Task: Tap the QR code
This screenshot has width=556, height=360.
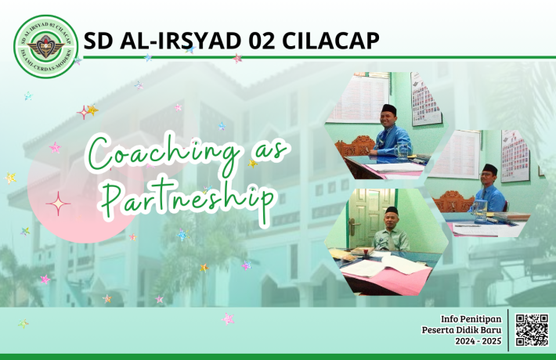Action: coord(532,329)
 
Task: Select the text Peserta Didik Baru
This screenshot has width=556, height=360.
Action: coord(464,330)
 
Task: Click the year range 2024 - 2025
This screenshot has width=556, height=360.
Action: coord(477,342)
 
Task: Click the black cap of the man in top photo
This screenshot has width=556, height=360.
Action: coord(389,109)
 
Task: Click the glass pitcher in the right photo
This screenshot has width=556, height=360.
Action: coord(479,207)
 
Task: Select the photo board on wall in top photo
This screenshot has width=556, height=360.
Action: coord(425,99)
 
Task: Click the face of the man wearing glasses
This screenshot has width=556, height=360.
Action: coord(489,177)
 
